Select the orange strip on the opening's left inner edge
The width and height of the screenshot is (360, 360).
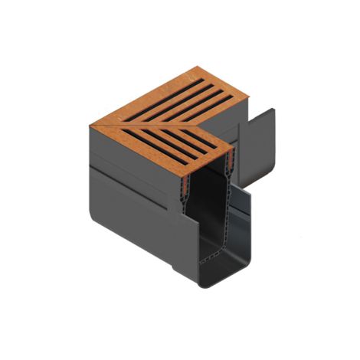point(184,176)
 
